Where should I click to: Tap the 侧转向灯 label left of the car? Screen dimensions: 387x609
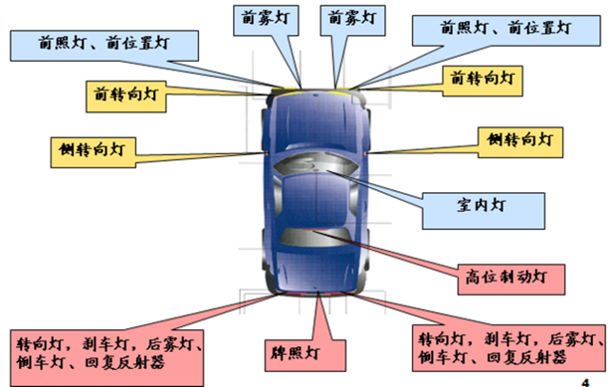click(x=93, y=149)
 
